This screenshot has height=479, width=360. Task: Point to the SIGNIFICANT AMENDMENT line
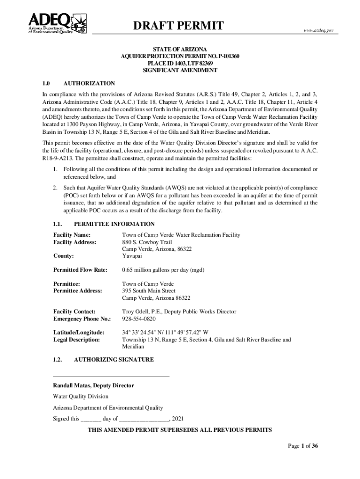(x=180, y=70)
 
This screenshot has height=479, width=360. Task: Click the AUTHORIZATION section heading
(x=89, y=83)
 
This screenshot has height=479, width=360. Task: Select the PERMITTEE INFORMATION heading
(x=114, y=224)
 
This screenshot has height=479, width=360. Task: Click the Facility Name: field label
(x=72, y=234)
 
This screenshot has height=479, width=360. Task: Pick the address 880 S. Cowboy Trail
(x=147, y=242)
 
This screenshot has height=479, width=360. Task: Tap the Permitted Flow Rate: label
(x=80, y=270)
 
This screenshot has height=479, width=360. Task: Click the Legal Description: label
(x=76, y=340)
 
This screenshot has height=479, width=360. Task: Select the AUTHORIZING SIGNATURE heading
(x=114, y=360)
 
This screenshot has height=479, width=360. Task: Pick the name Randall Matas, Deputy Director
(x=93, y=385)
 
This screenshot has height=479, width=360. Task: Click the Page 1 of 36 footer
(x=302, y=446)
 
